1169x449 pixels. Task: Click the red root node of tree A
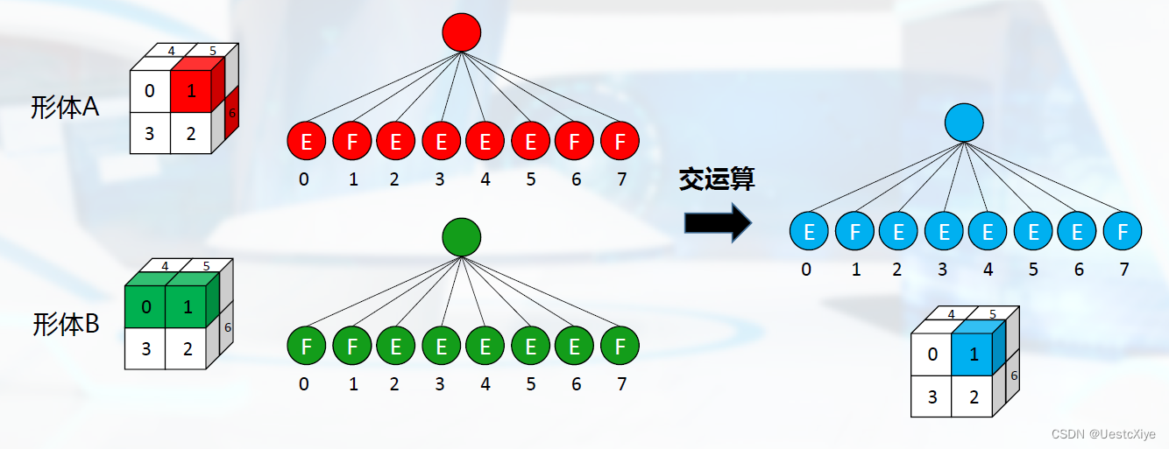click(462, 32)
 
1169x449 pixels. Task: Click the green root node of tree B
click(462, 237)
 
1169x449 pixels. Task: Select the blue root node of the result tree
click(965, 123)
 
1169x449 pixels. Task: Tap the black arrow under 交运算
click(717, 222)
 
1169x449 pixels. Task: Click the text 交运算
click(717, 179)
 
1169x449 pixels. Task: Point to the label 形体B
click(66, 325)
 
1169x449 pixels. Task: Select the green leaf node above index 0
click(307, 347)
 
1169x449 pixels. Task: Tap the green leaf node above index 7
click(620, 347)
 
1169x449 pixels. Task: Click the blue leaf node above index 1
click(854, 232)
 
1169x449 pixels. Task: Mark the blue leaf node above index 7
click(1123, 232)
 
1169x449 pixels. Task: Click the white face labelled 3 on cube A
click(150, 134)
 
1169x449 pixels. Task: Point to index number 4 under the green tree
click(485, 383)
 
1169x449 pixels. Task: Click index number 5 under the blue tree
click(1033, 270)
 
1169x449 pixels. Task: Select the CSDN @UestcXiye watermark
click(1102, 434)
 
